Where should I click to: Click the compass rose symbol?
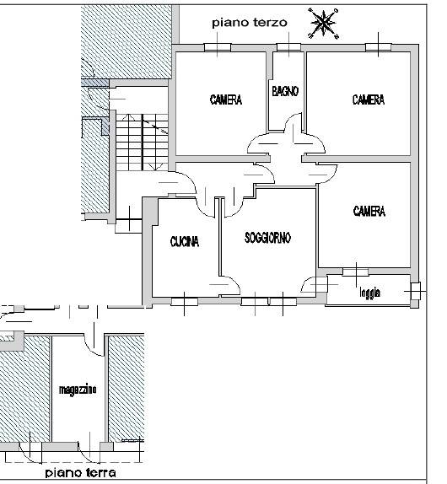(323, 24)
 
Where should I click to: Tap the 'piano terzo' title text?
(250, 23)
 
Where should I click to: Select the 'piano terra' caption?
(81, 472)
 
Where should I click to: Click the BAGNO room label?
(285, 91)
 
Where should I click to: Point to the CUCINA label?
(185, 241)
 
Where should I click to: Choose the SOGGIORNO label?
(267, 238)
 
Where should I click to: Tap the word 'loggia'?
(369, 292)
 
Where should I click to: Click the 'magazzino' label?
(78, 390)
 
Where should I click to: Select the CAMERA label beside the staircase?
(226, 99)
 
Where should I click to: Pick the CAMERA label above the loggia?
(369, 211)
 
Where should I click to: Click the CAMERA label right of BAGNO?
(369, 99)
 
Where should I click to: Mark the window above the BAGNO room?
(288, 47)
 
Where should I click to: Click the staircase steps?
(142, 142)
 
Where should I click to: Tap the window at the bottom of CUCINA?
(185, 301)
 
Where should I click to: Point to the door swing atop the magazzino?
(94, 346)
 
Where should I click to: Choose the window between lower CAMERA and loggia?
(355, 272)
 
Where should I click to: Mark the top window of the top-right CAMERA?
(379, 47)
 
